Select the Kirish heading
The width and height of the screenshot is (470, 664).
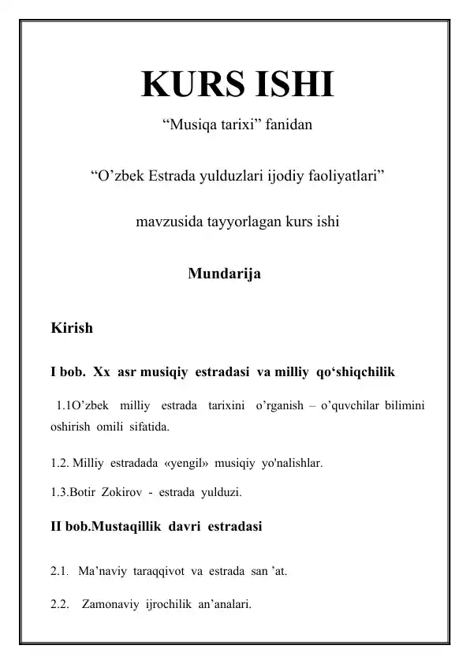click(x=71, y=327)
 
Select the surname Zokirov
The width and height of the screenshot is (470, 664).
click(x=125, y=494)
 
